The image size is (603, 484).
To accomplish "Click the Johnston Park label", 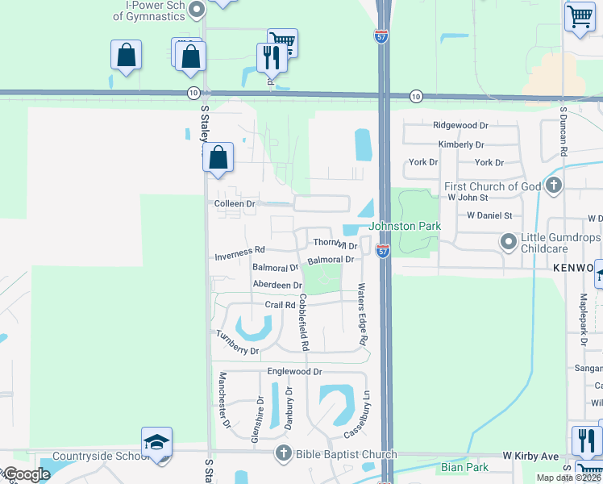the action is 405,227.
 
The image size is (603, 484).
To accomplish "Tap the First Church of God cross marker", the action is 553,186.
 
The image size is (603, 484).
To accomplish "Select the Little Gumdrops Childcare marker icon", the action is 509,241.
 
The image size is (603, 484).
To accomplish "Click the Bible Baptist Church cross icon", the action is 283,454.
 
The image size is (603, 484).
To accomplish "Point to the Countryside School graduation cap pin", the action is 156,442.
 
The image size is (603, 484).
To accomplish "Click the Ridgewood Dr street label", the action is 461,126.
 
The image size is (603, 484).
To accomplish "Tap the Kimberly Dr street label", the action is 461,145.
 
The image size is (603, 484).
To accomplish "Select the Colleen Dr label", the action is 235,204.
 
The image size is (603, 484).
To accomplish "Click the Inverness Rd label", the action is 239,258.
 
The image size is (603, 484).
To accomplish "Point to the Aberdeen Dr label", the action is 277,286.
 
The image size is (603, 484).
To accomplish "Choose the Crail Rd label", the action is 281,304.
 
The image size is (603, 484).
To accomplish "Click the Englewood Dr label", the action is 294,372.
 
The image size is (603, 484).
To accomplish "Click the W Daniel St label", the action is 489,215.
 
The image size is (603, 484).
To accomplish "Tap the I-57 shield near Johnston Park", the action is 383,251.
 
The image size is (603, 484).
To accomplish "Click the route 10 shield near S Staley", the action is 193,94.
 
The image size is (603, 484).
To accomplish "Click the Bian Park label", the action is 460,467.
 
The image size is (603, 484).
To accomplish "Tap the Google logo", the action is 27,475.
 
